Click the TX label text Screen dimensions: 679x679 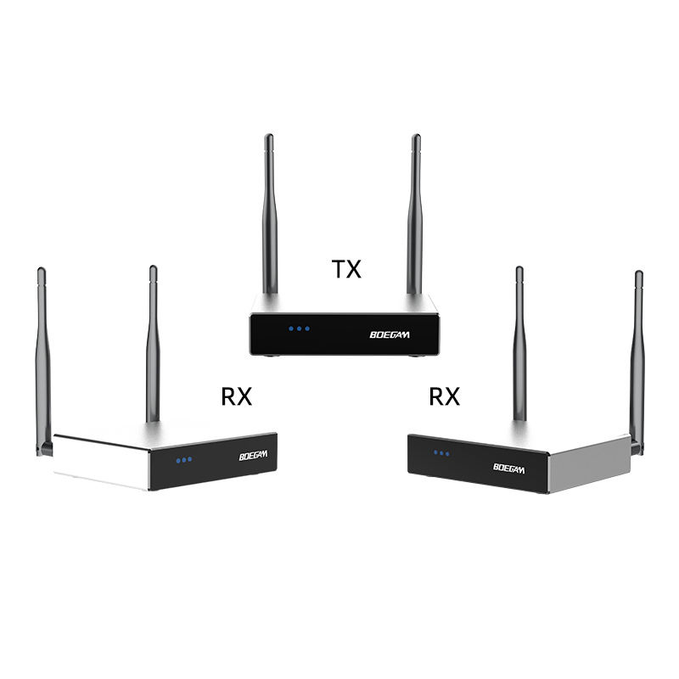point(345,270)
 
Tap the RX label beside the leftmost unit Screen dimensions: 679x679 point(237,396)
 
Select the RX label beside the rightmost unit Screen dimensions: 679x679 point(444,396)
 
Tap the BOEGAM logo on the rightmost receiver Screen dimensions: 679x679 point(508,467)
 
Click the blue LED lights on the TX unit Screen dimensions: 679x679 point(299,328)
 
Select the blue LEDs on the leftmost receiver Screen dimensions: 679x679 point(183,459)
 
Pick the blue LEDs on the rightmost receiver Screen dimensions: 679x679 point(441,452)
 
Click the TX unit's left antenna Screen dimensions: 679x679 point(269,212)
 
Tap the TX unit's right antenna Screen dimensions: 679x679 point(416,212)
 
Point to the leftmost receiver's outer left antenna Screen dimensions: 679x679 point(42,356)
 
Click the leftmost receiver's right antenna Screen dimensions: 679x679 point(153,339)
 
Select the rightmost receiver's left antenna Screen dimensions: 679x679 point(519,348)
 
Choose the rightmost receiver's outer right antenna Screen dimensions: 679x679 point(637,356)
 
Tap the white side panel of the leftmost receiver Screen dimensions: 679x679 point(102,463)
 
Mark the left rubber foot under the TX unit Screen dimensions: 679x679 point(271,356)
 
